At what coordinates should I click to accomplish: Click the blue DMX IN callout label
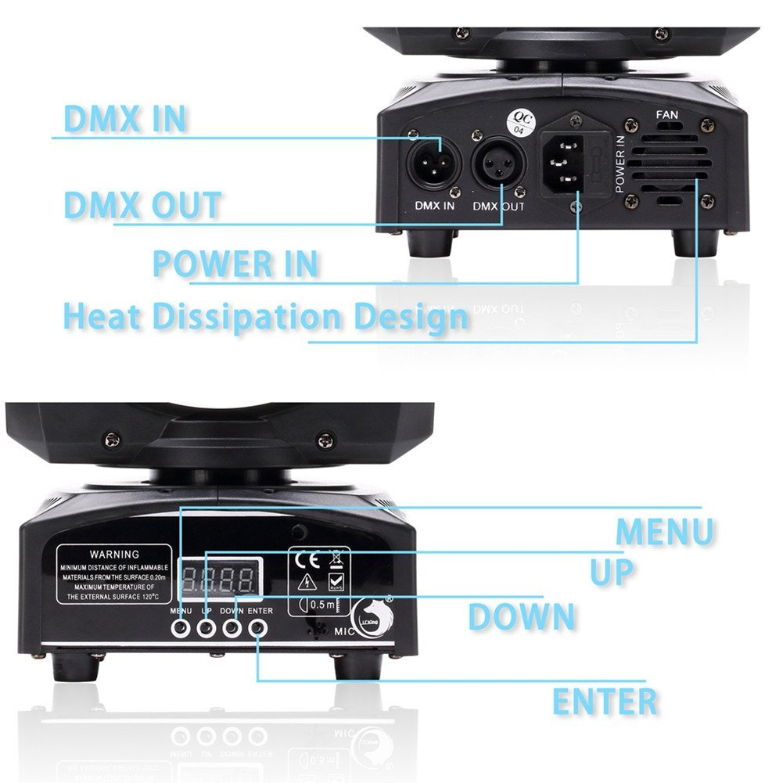[x=124, y=120]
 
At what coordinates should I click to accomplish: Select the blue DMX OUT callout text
[x=142, y=205]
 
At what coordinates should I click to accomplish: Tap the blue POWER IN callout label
[x=235, y=264]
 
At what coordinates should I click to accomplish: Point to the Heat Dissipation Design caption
[x=265, y=318]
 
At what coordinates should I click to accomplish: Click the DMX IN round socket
[x=429, y=163]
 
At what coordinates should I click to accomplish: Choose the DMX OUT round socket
[x=497, y=165]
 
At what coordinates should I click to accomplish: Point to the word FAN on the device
[x=667, y=115]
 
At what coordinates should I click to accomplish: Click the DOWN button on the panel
[x=232, y=627]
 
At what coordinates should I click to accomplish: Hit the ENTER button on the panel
[x=257, y=627]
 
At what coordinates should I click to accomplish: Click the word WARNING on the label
[x=114, y=554]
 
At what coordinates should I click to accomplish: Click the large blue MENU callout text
[x=664, y=532]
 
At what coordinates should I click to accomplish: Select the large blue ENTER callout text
[x=605, y=702]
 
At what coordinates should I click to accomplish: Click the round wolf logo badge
[x=370, y=613]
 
